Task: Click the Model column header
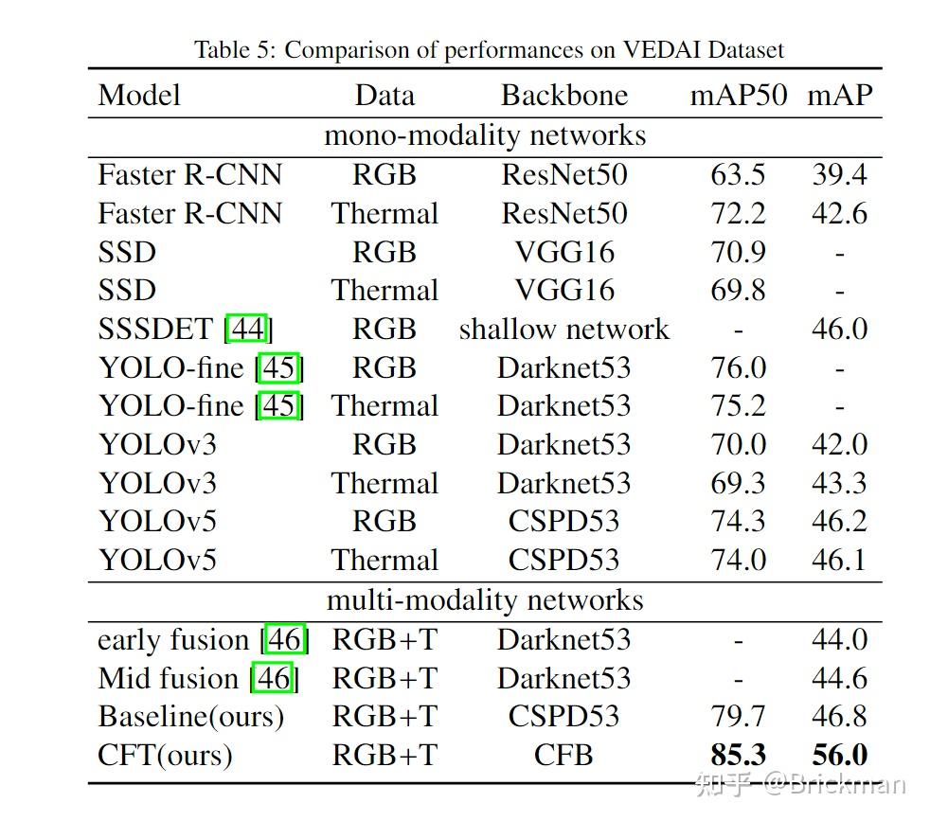(x=139, y=96)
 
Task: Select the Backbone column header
(x=563, y=96)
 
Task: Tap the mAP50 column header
(x=738, y=96)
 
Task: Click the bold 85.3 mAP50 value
(x=738, y=755)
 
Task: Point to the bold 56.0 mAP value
(x=839, y=755)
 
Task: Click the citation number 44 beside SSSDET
(x=248, y=330)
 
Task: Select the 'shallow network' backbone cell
(x=563, y=330)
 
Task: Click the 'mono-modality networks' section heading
(x=485, y=135)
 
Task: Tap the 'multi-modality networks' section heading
(x=485, y=600)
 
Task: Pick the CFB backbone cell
(x=563, y=755)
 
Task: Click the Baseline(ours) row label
(x=190, y=716)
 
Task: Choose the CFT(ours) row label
(x=165, y=755)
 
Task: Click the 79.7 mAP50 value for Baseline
(x=738, y=716)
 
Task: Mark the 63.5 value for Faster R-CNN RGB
(x=738, y=175)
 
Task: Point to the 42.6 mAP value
(x=839, y=214)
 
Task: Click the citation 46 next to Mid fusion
(x=274, y=678)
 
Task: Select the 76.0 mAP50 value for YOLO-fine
(x=738, y=368)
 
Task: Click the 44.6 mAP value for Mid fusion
(x=839, y=678)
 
